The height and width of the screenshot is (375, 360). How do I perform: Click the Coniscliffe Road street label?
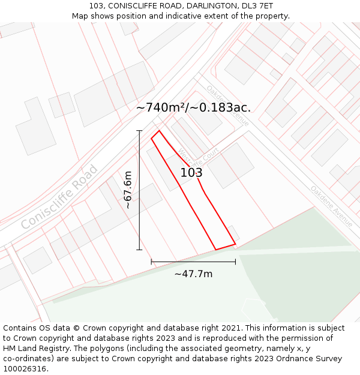pyautogui.click(x=59, y=196)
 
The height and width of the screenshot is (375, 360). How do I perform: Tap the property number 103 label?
pyautogui.click(x=191, y=173)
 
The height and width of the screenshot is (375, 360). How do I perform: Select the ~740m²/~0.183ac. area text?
pyautogui.click(x=193, y=108)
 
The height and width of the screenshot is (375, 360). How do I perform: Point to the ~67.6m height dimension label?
pyautogui.click(x=127, y=190)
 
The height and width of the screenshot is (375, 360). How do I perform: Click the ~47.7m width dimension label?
pyautogui.click(x=193, y=274)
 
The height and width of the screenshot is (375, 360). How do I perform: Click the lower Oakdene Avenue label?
pyautogui.click(x=331, y=206)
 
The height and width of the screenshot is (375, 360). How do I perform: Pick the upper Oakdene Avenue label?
pyautogui.click(x=227, y=106)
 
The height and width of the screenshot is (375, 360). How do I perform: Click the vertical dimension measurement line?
pyautogui.click(x=139, y=190)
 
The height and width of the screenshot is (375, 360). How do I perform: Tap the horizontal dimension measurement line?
pyautogui.click(x=193, y=262)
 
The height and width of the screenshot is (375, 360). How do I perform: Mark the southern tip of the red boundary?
pyautogui.click(x=216, y=249)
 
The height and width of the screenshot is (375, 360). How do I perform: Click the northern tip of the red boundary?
pyautogui.click(x=159, y=131)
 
